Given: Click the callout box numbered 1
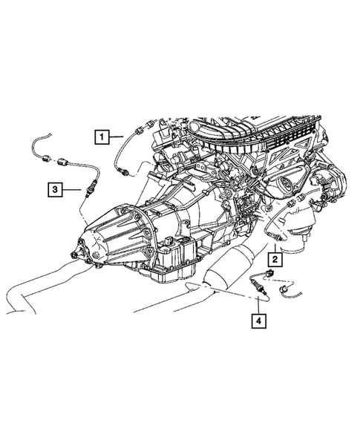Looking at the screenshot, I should (x=99, y=136).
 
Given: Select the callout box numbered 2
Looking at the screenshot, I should (x=274, y=259).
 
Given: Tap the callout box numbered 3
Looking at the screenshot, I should (x=55, y=190).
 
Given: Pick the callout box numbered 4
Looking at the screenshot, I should (x=258, y=321).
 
